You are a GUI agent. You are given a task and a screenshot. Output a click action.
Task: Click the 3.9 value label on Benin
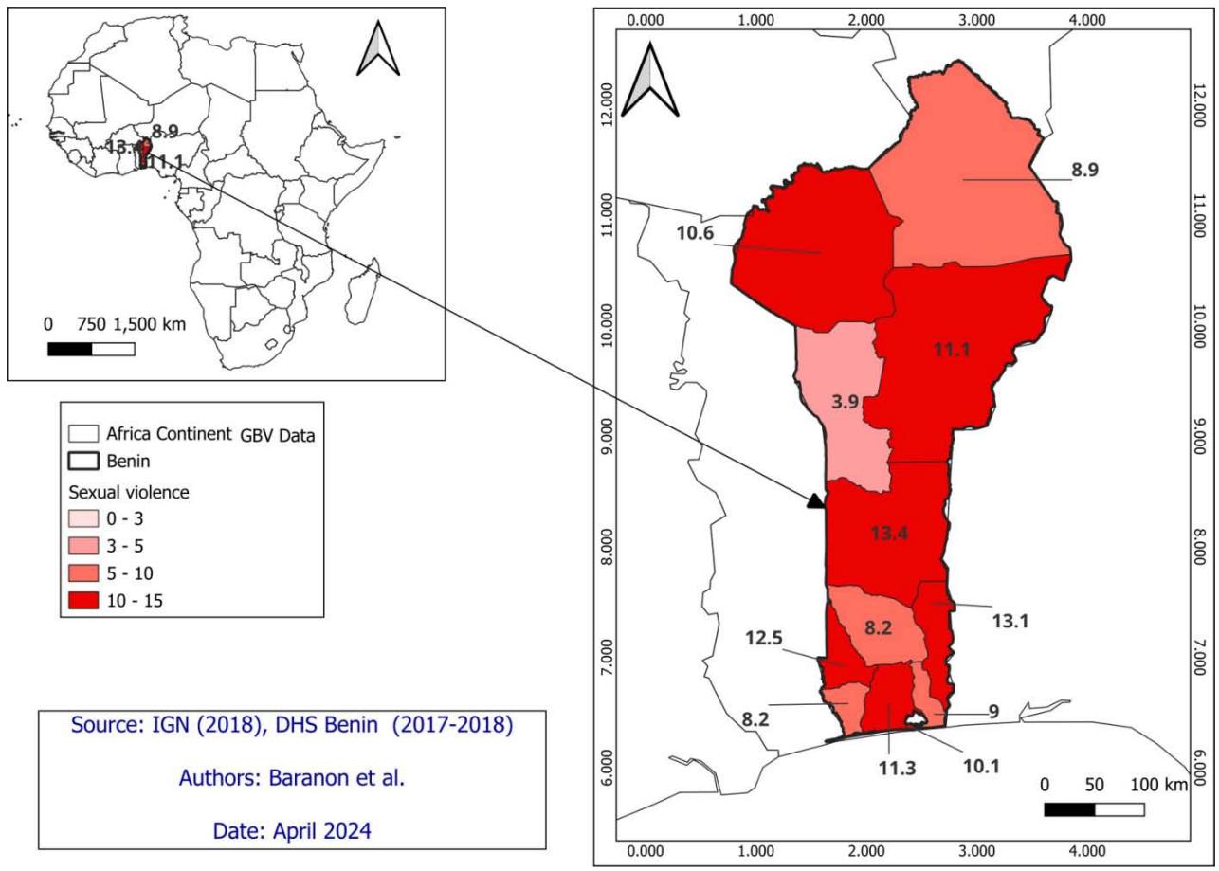coord(846,402)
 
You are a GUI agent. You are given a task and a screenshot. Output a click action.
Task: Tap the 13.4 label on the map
coord(890,534)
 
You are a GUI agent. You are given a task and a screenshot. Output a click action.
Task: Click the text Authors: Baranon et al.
coord(292,780)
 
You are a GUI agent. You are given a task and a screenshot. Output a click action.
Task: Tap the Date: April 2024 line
coord(292,831)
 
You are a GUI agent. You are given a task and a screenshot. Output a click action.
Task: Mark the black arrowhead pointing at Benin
coord(814,501)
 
